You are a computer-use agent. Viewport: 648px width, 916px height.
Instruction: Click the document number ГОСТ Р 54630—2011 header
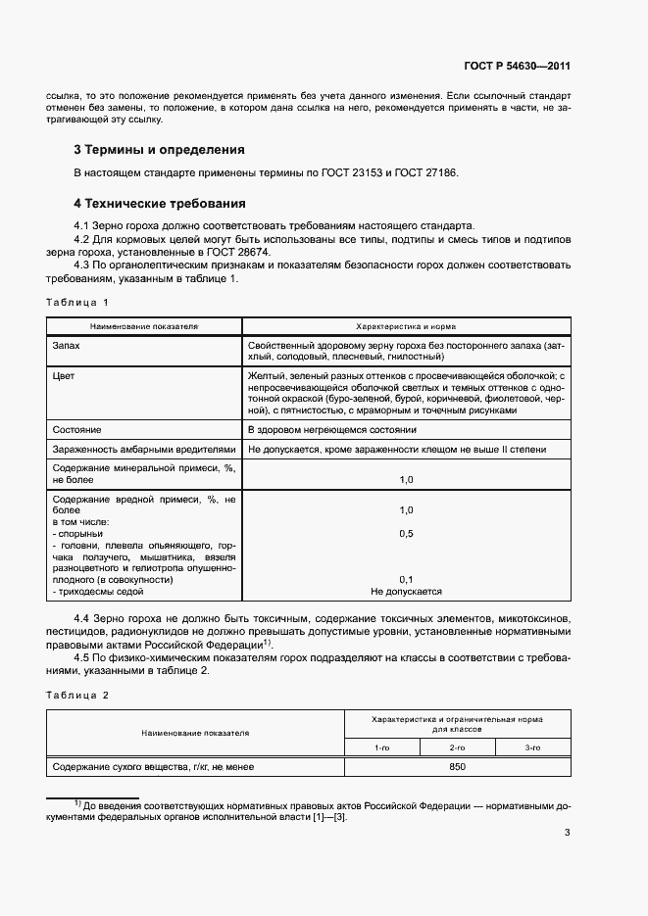[517, 67]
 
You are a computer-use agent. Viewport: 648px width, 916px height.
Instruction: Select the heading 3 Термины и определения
[159, 150]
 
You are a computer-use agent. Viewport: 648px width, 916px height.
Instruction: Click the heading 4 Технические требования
[159, 204]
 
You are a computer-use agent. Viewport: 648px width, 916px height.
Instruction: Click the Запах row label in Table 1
[68, 346]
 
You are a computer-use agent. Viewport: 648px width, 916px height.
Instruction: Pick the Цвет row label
[65, 375]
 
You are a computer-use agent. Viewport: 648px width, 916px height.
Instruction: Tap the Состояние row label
[77, 429]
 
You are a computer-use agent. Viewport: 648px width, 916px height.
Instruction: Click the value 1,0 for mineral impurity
[406, 479]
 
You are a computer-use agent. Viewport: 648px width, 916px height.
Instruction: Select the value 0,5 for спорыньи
[406, 534]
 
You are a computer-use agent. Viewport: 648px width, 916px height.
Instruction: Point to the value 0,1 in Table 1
[406, 578]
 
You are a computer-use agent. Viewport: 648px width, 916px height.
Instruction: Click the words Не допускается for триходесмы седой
[406, 592]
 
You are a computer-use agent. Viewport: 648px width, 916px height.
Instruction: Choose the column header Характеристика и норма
[406, 325]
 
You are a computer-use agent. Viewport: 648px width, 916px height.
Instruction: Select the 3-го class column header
[532, 747]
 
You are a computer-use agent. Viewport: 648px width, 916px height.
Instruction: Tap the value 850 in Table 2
[457, 767]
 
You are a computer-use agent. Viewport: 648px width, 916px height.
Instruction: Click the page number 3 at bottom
[567, 833]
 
